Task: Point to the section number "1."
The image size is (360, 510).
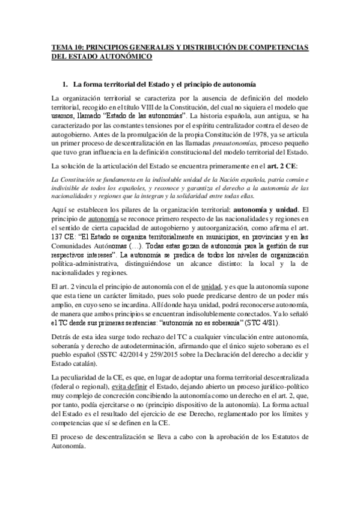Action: point(75,84)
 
